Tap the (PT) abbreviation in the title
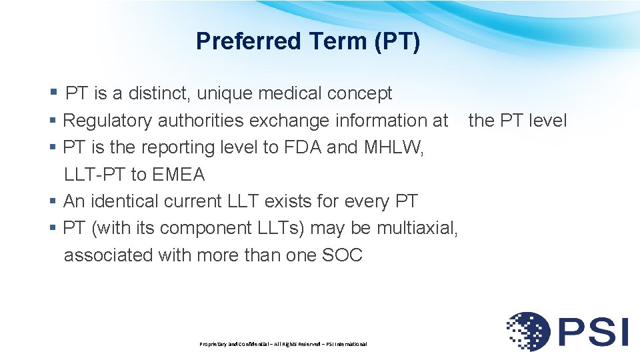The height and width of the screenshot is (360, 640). [x=397, y=41]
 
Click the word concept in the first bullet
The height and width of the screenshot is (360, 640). [x=359, y=94]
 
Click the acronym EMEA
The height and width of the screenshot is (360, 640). [x=178, y=175]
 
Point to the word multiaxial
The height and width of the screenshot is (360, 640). [x=417, y=228]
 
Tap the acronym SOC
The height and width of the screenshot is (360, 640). [x=343, y=255]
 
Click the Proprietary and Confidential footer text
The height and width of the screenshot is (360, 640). [x=283, y=344]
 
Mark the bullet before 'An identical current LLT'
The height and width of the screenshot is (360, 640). [x=53, y=201]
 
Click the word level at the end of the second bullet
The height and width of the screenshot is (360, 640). [x=547, y=121]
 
